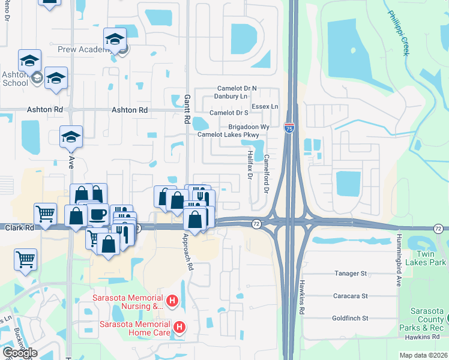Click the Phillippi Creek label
coord(398,32)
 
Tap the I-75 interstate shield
coord(289,128)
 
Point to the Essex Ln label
coord(265,106)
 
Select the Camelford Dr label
coord(266,171)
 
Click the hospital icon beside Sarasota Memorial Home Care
coord(179,327)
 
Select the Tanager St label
coord(350,274)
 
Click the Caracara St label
coord(350,296)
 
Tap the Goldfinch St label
coord(350,318)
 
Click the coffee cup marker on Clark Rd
coord(97,214)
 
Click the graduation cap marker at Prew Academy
coord(115,40)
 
